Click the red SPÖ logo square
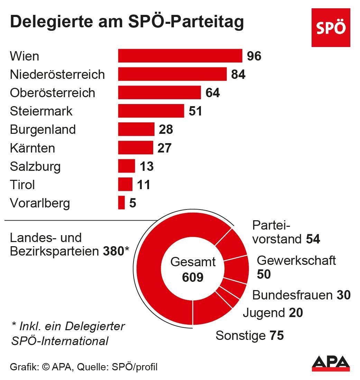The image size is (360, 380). click(331, 28)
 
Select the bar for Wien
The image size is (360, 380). click(180, 56)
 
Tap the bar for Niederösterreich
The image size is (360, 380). click(172, 74)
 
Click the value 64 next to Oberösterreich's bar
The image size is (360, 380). click(213, 93)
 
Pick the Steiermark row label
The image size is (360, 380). click(41, 111)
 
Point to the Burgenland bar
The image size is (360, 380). click(136, 129)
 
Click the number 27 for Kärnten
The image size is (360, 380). click(165, 148)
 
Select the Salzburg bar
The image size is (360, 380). click(126, 166)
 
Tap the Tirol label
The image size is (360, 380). click(22, 185)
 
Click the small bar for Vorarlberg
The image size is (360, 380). click(121, 203)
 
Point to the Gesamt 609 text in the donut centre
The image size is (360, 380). click(193, 269)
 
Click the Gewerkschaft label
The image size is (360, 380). click(296, 260)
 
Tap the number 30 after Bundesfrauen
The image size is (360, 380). click(343, 295)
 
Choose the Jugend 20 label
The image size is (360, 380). click(273, 313)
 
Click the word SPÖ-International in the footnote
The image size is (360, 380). click(60, 341)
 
